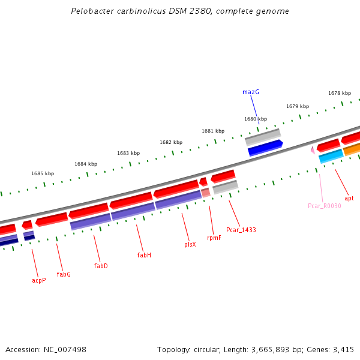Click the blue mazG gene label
(x=251, y=92)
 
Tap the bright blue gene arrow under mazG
(x=265, y=148)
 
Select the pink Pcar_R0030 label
(x=324, y=206)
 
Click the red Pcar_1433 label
(x=241, y=230)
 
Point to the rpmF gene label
(x=214, y=238)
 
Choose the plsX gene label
(x=190, y=245)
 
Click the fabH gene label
(x=144, y=255)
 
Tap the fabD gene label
(x=101, y=266)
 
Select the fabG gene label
(x=64, y=274)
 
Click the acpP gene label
(x=38, y=280)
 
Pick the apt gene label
(x=349, y=198)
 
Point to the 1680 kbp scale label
(x=256, y=119)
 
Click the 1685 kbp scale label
(x=43, y=173)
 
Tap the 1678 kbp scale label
(x=340, y=93)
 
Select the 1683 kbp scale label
(x=128, y=153)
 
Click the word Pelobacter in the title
(x=91, y=11)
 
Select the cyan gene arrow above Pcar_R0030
(x=331, y=156)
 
